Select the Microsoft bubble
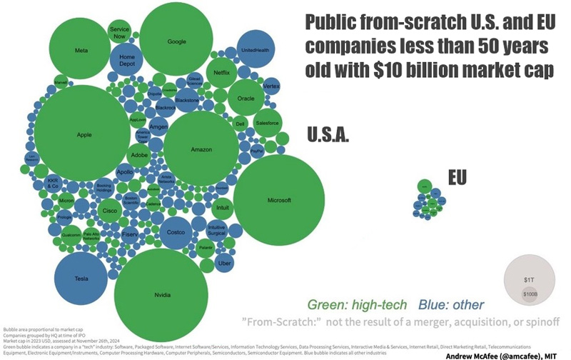pyautogui.click(x=278, y=201)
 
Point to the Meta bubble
pyautogui.click(x=81, y=51)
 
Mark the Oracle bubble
pyautogui.click(x=246, y=98)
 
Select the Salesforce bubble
pyautogui.click(x=267, y=123)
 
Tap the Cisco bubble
pyautogui.click(x=110, y=210)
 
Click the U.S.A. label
pyautogui.click(x=328, y=134)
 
